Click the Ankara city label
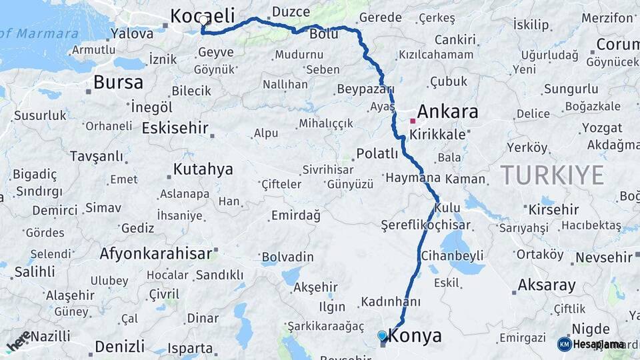(447, 111)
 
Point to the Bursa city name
(118, 83)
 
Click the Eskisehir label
(175, 128)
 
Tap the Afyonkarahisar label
(156, 253)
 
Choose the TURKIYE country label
(552, 175)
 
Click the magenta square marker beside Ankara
(413, 121)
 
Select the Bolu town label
(325, 35)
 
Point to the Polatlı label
(377, 154)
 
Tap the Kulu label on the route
(447, 209)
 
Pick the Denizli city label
(119, 347)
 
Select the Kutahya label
(203, 169)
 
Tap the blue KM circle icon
(565, 344)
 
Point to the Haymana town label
(413, 178)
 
